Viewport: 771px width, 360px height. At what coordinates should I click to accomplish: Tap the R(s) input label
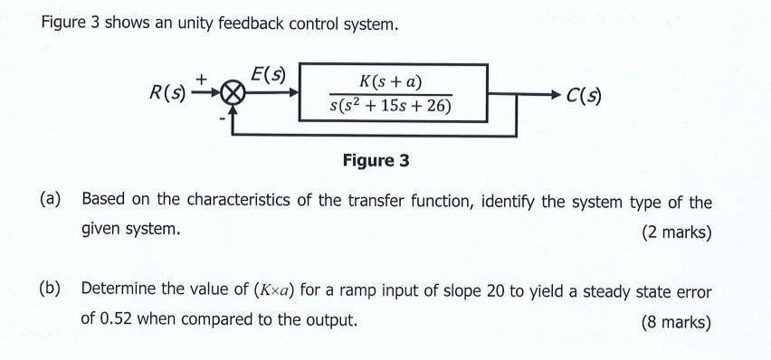tap(168, 92)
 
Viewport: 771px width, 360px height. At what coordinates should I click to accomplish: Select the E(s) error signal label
tap(267, 76)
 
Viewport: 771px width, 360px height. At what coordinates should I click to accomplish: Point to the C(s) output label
tap(584, 94)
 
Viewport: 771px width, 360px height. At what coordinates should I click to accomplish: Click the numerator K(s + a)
tap(391, 83)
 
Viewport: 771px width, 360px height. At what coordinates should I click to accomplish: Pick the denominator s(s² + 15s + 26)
tap(390, 108)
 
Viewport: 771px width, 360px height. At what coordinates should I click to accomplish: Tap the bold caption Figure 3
tap(376, 161)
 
